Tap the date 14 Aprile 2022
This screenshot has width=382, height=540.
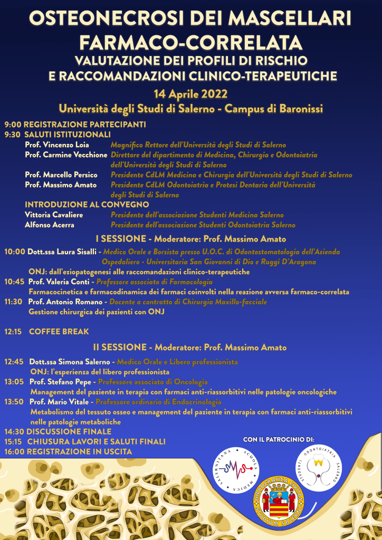190,94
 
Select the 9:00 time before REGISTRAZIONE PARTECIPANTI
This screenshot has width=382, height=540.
13,125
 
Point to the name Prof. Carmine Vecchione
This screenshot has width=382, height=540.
66,155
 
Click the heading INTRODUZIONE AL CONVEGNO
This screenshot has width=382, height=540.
87,205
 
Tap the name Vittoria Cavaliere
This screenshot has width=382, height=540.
54,215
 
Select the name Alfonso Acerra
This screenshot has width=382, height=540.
50,225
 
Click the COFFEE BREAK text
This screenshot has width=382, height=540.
59,332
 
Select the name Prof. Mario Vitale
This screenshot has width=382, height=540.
60,402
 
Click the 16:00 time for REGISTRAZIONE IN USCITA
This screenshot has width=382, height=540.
15,452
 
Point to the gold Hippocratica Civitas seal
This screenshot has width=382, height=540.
279,504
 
